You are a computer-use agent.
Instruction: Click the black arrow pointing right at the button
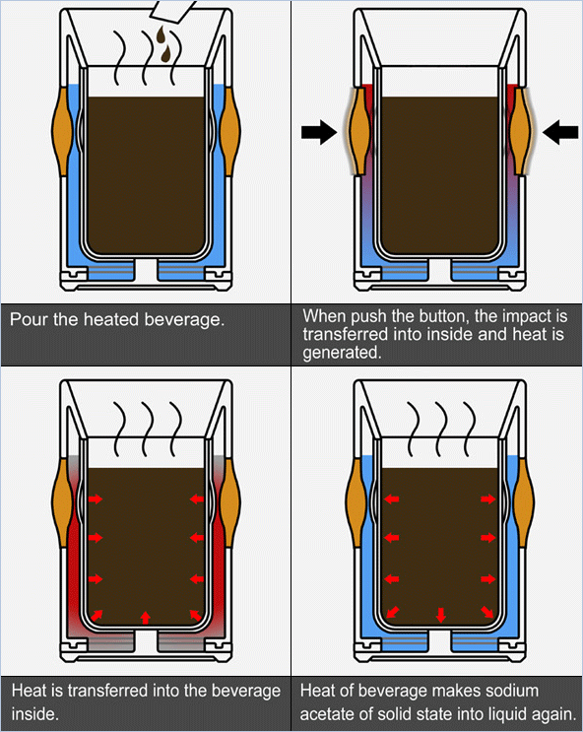click(x=319, y=132)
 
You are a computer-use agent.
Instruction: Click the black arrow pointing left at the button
click(x=560, y=132)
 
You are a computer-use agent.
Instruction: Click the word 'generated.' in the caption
click(x=342, y=353)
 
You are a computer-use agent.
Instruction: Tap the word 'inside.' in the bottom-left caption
click(x=35, y=714)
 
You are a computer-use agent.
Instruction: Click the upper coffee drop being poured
click(x=161, y=33)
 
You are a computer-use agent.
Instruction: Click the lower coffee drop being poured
click(x=166, y=53)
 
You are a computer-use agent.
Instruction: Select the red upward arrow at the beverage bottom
click(x=146, y=618)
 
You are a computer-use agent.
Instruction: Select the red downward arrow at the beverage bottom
click(x=440, y=615)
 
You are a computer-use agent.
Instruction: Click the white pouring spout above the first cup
click(x=171, y=11)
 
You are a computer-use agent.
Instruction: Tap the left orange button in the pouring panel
click(x=62, y=131)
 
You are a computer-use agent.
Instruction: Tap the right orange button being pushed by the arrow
click(x=520, y=131)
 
